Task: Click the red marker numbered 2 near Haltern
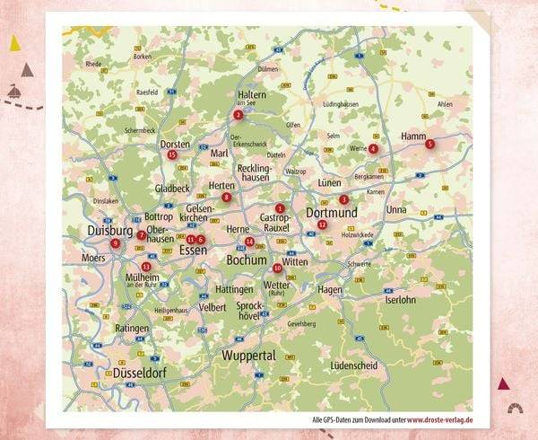[238, 115]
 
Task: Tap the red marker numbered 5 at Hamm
[430, 144]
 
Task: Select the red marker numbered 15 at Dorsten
[172, 154]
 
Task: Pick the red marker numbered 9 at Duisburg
[115, 243]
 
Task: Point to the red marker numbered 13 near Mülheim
[146, 267]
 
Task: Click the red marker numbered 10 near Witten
[277, 268]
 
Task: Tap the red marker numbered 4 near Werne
[373, 149]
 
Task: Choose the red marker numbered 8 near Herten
[226, 198]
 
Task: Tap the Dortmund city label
[331, 213]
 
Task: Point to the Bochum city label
[247, 260]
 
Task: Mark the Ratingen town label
[132, 329]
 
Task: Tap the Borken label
[142, 57]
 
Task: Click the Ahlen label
[445, 104]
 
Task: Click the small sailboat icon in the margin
[15, 91]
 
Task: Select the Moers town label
[93, 258]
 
